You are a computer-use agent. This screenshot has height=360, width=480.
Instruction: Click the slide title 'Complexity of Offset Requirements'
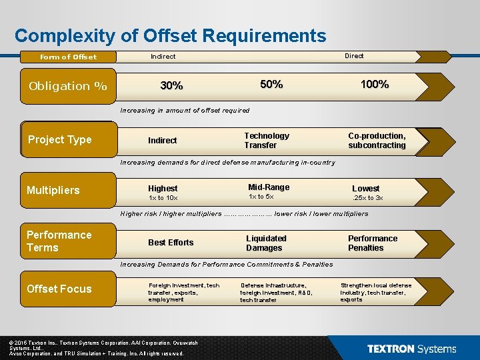pyautogui.click(x=170, y=35)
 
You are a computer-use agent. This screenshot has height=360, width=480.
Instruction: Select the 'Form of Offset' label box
pyautogui.click(x=68, y=57)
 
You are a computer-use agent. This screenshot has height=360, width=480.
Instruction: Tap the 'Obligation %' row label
pyautogui.click(x=68, y=86)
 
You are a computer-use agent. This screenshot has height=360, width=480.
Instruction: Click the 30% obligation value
pyautogui.click(x=172, y=86)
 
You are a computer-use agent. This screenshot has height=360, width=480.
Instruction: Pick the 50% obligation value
pyautogui.click(x=271, y=84)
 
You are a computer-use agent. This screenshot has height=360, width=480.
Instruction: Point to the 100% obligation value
pyautogui.click(x=375, y=84)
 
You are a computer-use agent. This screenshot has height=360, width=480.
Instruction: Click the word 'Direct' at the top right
pyautogui.click(x=354, y=56)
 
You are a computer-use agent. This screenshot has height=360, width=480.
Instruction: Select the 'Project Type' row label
pyautogui.click(x=60, y=139)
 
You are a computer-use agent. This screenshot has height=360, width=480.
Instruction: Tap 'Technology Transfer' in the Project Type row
pyautogui.click(x=267, y=140)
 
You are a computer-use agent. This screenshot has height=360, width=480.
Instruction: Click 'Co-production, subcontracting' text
pyautogui.click(x=377, y=140)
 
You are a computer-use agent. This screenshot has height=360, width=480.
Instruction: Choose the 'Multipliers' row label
pyautogui.click(x=53, y=190)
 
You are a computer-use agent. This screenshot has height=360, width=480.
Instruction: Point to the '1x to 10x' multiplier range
pyautogui.click(x=163, y=198)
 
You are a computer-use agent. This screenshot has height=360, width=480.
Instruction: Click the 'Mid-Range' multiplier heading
pyautogui.click(x=269, y=187)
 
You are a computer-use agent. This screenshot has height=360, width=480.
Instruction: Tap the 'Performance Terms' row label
pyautogui.click(x=59, y=241)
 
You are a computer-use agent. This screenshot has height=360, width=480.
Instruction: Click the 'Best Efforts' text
pyautogui.click(x=171, y=243)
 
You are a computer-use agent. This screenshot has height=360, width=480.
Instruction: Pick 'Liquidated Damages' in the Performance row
pyautogui.click(x=266, y=243)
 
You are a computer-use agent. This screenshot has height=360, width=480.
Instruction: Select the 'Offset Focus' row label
pyautogui.click(x=59, y=289)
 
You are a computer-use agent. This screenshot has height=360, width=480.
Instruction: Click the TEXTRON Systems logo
pyautogui.click(x=411, y=349)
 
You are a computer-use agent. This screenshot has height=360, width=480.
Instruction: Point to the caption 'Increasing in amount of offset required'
pyautogui.click(x=185, y=110)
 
